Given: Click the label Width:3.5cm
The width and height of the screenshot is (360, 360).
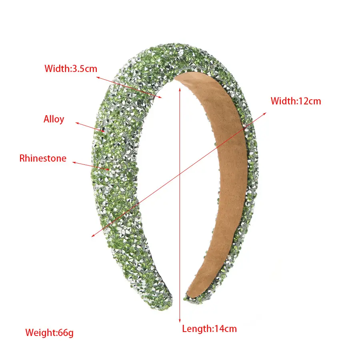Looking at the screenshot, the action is click(x=71, y=69).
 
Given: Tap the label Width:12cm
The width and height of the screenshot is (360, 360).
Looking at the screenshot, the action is click(x=296, y=101).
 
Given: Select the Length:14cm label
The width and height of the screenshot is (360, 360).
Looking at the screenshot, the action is click(x=209, y=329).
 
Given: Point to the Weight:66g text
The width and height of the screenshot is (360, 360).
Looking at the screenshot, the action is click(x=49, y=333).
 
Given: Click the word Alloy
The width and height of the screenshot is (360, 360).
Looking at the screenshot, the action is click(x=54, y=119).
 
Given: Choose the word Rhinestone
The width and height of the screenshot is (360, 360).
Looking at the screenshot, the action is click(x=43, y=158).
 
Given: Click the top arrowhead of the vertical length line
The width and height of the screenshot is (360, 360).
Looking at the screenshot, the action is click(x=180, y=89).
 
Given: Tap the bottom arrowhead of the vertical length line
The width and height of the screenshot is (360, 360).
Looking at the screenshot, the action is click(x=180, y=321).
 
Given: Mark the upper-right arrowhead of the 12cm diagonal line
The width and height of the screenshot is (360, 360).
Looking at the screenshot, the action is click(x=265, y=114).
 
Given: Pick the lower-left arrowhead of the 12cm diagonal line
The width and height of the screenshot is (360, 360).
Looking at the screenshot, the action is click(x=93, y=235).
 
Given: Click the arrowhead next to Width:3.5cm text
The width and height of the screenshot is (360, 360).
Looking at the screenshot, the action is click(x=98, y=78).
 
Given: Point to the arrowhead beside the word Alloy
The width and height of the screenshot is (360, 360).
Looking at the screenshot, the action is click(x=77, y=124).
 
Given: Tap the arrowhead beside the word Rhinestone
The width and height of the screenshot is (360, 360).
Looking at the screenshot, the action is click(x=74, y=162).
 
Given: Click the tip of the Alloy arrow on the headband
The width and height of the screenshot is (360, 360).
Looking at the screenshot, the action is click(x=104, y=131).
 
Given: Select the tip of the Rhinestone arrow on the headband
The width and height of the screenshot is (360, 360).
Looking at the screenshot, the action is click(x=109, y=170).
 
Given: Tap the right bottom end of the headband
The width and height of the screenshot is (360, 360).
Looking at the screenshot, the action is click(x=189, y=298).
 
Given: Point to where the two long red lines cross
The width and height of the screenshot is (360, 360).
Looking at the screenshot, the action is click(x=180, y=174).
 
